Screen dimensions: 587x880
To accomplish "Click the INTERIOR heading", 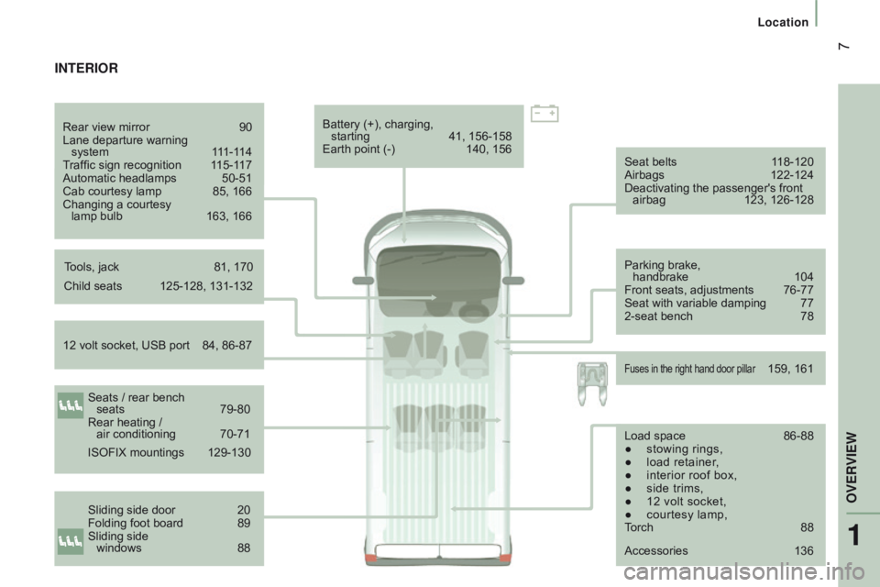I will point(86,69).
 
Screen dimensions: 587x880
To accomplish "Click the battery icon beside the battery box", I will point(544,113).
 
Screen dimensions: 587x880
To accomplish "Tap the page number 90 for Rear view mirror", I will point(245,127).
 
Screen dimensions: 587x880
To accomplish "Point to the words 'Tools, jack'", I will point(92,267).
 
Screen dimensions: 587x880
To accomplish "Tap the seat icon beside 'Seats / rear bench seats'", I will point(71,404).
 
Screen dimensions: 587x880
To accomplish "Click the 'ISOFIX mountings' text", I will point(136,452).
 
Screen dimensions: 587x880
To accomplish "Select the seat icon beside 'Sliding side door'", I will point(71,540).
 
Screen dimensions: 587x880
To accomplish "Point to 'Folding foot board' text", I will point(135,523).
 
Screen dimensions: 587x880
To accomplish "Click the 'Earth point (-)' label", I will point(359,150).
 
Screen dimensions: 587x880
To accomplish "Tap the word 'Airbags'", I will point(643,174).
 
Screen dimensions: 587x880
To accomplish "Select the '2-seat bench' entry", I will point(658,316).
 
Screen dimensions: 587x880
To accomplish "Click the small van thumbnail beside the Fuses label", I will point(591,380).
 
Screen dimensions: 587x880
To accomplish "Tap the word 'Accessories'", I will point(655,550).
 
